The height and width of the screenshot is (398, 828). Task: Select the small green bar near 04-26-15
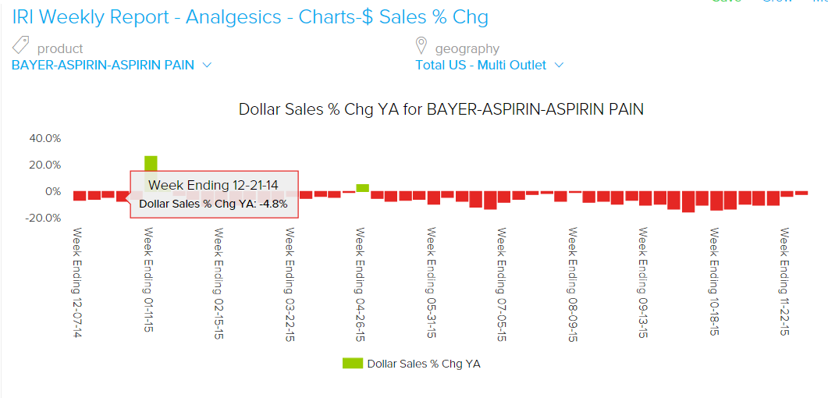[362, 188]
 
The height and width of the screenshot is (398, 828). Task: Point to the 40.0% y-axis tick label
[44, 138]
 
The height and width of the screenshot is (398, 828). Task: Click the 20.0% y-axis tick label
[44, 165]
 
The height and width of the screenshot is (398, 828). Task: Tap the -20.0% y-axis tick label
[43, 218]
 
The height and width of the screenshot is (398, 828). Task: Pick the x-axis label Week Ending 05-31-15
[432, 283]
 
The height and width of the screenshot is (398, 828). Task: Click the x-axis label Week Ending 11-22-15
[784, 283]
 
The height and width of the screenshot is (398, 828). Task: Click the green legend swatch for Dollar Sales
[352, 364]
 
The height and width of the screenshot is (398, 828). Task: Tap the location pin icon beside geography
[421, 45]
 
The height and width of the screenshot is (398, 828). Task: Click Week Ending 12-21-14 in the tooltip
[213, 185]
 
